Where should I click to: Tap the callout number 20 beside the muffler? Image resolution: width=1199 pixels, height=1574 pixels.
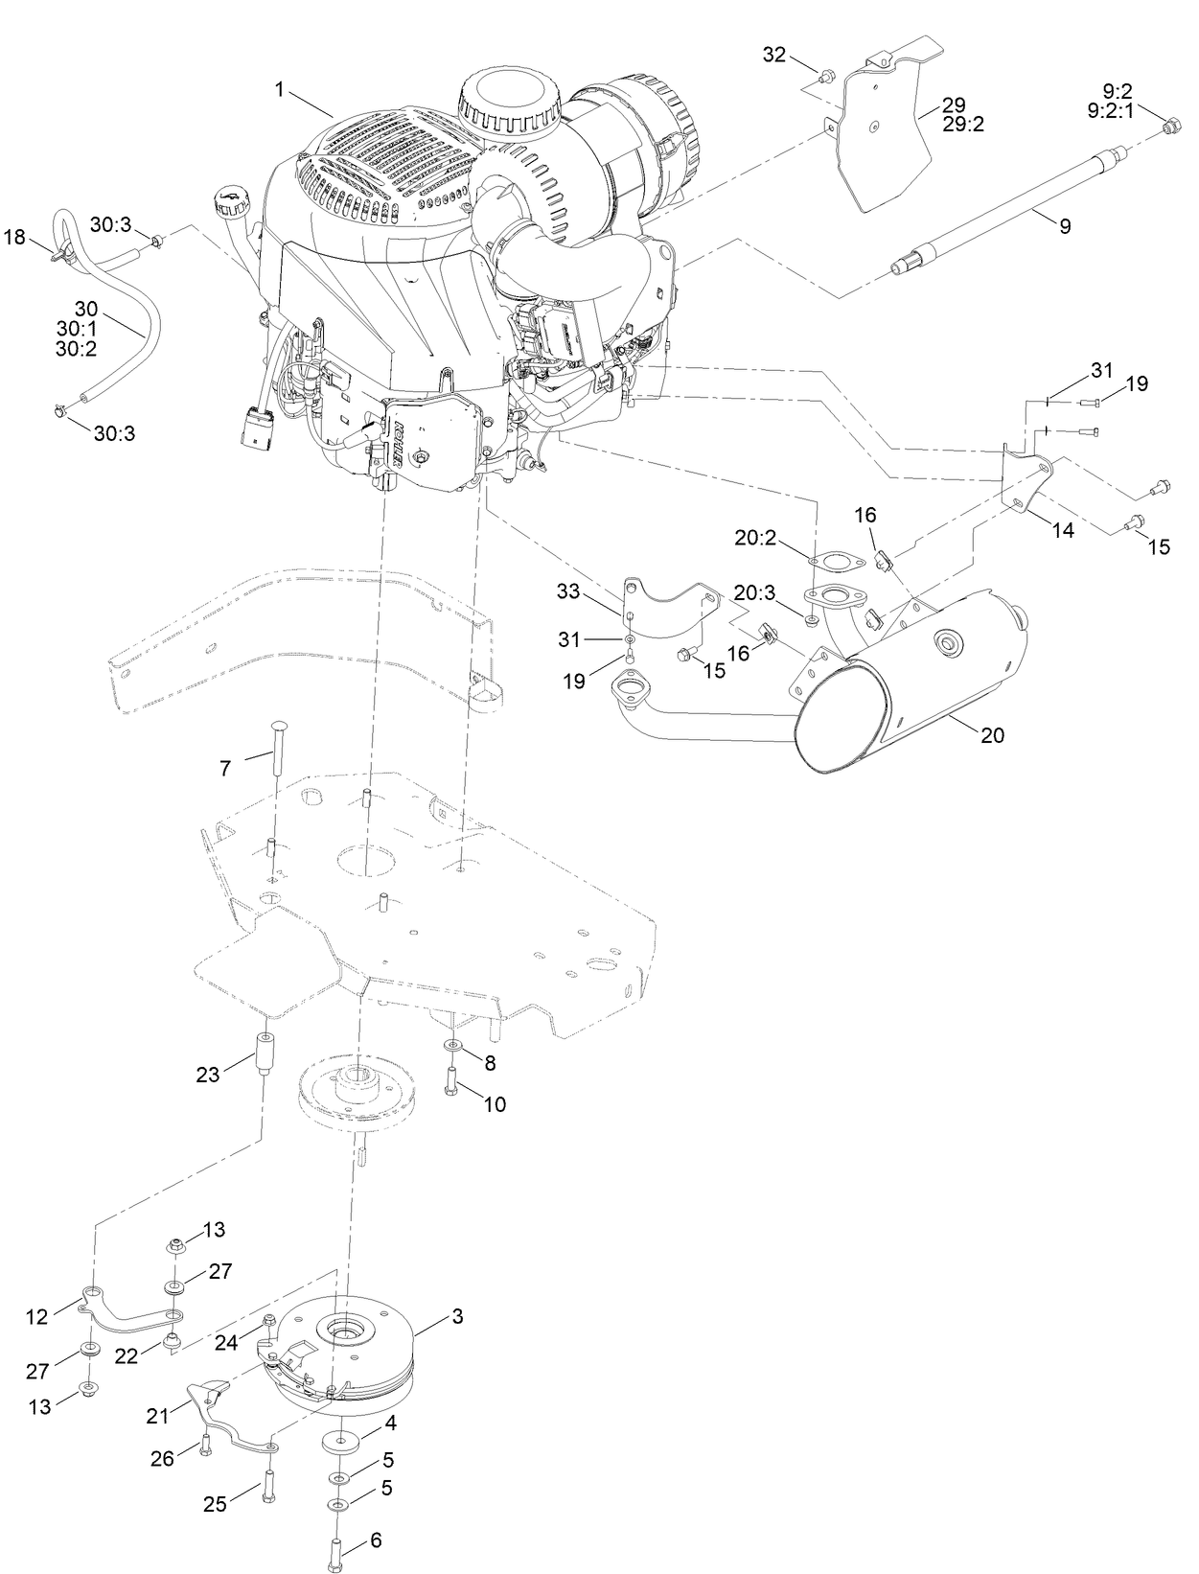point(993,735)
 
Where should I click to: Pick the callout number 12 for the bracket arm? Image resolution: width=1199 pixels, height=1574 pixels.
point(37,1316)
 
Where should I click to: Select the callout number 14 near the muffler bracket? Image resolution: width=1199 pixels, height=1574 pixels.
point(1063,530)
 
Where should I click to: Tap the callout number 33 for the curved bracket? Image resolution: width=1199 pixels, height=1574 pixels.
point(568,591)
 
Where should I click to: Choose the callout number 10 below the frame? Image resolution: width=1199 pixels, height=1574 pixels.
point(494,1103)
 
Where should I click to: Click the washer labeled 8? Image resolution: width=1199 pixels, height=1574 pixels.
point(451,1046)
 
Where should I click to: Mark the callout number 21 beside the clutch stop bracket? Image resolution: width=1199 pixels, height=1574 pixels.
point(157,1415)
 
